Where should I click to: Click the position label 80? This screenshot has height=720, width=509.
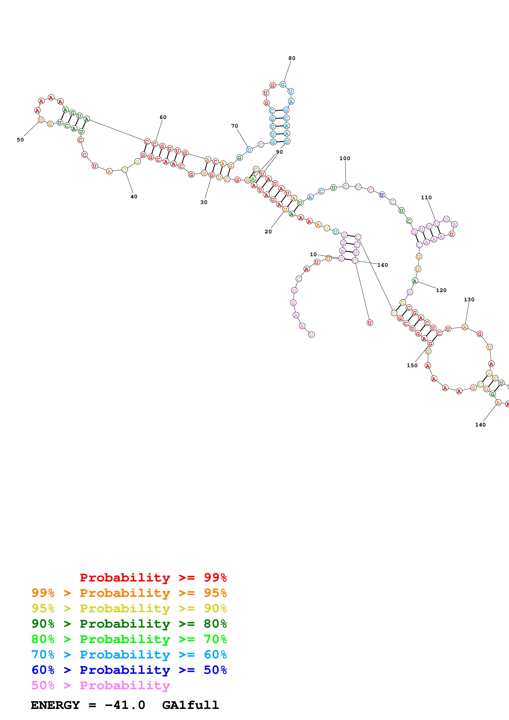pyautogui.click(x=292, y=58)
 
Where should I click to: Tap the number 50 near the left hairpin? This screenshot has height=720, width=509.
pyautogui.click(x=20, y=140)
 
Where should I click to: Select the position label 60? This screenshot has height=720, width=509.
pyautogui.click(x=163, y=117)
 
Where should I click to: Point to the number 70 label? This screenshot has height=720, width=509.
pyautogui.click(x=235, y=126)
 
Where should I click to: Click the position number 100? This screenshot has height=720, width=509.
pyautogui.click(x=345, y=158)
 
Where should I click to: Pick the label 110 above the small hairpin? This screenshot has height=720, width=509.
pyautogui.click(x=426, y=198)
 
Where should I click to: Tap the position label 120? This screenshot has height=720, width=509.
pyautogui.click(x=441, y=290)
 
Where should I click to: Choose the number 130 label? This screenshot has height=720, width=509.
pyautogui.click(x=469, y=299)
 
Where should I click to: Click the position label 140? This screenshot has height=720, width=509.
pyautogui.click(x=480, y=425)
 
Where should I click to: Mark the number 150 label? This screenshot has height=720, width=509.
pyautogui.click(x=412, y=365)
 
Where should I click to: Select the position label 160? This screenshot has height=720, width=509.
pyautogui.click(x=382, y=265)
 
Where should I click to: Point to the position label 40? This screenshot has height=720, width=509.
pyautogui.click(x=134, y=197)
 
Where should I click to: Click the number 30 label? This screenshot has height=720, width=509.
pyautogui.click(x=204, y=202)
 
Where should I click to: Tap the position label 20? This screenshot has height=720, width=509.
pyautogui.click(x=268, y=232)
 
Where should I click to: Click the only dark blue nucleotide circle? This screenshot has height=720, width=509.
pyautogui.click(x=382, y=195)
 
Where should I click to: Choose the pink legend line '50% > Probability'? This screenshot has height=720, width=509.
pyautogui.click(x=101, y=686)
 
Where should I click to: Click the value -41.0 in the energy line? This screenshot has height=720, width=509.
pyautogui.click(x=125, y=705)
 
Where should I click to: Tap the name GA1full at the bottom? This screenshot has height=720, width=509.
pyautogui.click(x=190, y=705)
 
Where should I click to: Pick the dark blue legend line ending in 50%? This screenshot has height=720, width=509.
pyautogui.click(x=129, y=670)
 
